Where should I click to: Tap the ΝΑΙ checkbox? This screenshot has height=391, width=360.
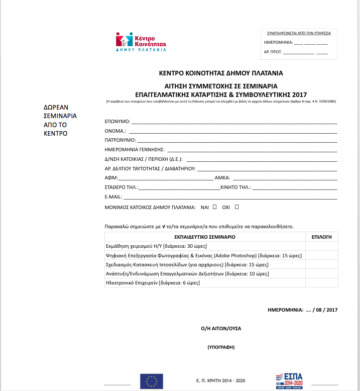215,207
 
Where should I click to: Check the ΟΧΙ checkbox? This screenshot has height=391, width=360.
236,207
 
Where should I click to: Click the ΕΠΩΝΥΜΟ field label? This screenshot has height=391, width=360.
117,122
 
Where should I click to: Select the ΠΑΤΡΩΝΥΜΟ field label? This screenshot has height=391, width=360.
120,140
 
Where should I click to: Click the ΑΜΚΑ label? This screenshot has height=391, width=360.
222,178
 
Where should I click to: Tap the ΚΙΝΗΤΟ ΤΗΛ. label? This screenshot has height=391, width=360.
235,187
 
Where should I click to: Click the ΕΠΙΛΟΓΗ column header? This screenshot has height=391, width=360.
321,236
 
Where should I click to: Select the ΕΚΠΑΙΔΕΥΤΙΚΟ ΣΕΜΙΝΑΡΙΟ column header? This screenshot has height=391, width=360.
205,236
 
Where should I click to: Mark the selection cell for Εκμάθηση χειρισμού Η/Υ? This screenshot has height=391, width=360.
321,246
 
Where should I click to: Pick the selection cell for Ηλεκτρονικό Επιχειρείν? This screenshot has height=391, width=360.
321,283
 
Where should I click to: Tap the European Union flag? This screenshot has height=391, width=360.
151,381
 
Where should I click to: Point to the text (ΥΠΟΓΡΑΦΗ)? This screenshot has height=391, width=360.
221,347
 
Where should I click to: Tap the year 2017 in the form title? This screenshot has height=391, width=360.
300,94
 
